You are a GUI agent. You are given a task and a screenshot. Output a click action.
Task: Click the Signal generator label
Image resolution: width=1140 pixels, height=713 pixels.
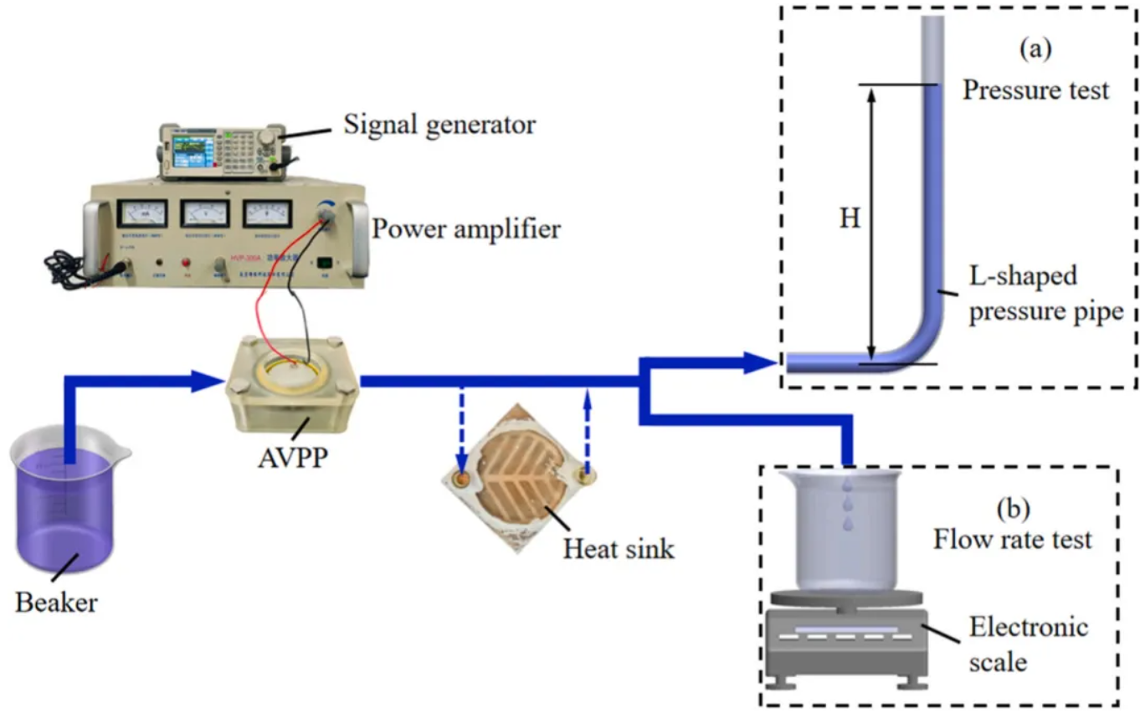click(x=439, y=126)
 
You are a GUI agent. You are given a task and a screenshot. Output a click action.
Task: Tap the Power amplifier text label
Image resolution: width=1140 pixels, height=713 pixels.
click(x=466, y=228)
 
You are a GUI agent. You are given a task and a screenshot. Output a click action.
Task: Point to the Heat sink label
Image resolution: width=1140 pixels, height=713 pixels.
click(x=619, y=549)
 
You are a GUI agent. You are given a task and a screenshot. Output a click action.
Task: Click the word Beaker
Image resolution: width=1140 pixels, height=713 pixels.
click(x=56, y=601)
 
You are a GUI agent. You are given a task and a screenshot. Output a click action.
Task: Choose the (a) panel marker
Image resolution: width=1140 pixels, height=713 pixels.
click(x=1035, y=49)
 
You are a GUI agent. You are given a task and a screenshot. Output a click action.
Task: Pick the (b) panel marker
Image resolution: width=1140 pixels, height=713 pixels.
click(x=1009, y=508)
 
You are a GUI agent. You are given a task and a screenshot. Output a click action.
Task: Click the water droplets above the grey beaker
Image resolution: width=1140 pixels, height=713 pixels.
click(x=848, y=502)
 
